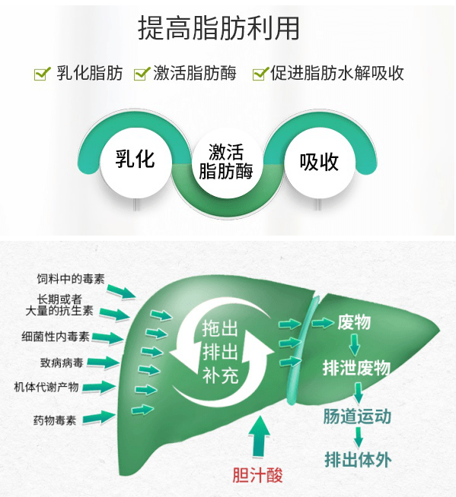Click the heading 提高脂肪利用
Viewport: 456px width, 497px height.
tap(218, 28)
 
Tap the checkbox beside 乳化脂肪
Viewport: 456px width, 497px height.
tap(42, 74)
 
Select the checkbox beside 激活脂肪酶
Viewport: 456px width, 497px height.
tap(142, 74)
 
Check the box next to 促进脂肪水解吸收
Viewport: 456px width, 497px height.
tap(260, 74)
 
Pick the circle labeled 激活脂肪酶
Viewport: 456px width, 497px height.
tap(226, 163)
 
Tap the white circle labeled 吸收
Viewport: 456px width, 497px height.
tap(320, 163)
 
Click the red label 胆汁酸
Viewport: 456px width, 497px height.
tap(257, 475)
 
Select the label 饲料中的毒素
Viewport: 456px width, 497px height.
tap(71, 279)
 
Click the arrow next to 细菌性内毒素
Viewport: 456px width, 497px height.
tap(108, 337)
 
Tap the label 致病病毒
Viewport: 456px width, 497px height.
tap(62, 362)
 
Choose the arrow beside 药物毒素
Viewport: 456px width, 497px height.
tap(100, 418)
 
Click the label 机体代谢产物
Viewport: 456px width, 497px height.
tap(46, 387)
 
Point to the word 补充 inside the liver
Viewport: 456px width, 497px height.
tap(220, 375)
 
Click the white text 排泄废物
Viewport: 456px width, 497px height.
tap(356, 368)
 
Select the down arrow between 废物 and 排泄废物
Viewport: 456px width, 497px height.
tap(355, 345)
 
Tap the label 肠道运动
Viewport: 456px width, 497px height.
tap(357, 416)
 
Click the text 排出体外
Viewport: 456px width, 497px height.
tap(358, 460)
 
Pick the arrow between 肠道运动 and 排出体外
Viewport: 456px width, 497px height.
tap(359, 438)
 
